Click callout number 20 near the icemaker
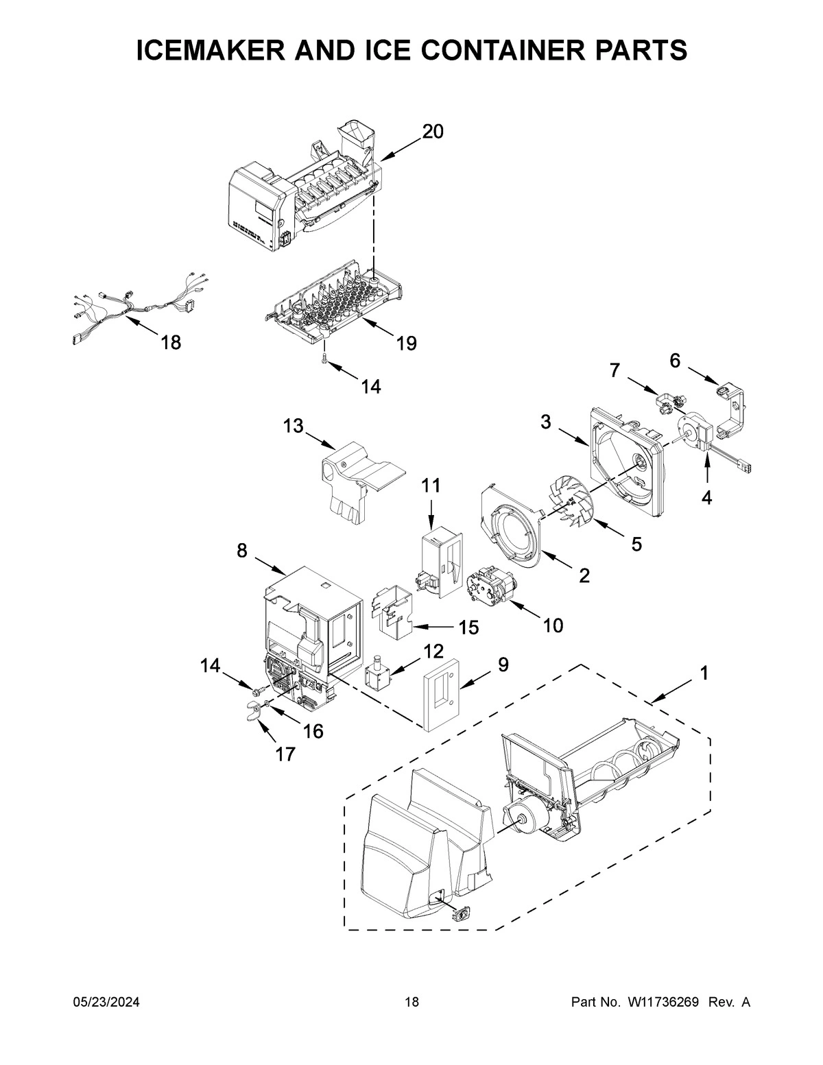(433, 132)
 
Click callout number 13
(293, 427)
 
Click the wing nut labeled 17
(254, 713)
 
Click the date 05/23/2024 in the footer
(106, 1003)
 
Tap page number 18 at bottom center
(411, 1003)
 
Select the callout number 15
(468, 627)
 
